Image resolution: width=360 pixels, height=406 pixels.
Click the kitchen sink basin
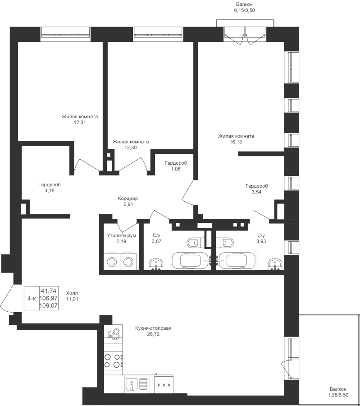[131, 385]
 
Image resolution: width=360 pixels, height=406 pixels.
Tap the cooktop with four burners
[114, 361]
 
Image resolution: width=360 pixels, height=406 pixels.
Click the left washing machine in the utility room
[110, 261]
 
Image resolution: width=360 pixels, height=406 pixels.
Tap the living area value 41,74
[50, 291]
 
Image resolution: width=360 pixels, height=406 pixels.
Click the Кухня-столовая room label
[153, 328]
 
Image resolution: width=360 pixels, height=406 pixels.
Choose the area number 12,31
[80, 122]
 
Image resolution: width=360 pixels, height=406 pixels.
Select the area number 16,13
[236, 141]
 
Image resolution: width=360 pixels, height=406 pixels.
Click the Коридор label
[128, 198]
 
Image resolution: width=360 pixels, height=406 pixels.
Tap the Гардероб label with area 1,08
[176, 163]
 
